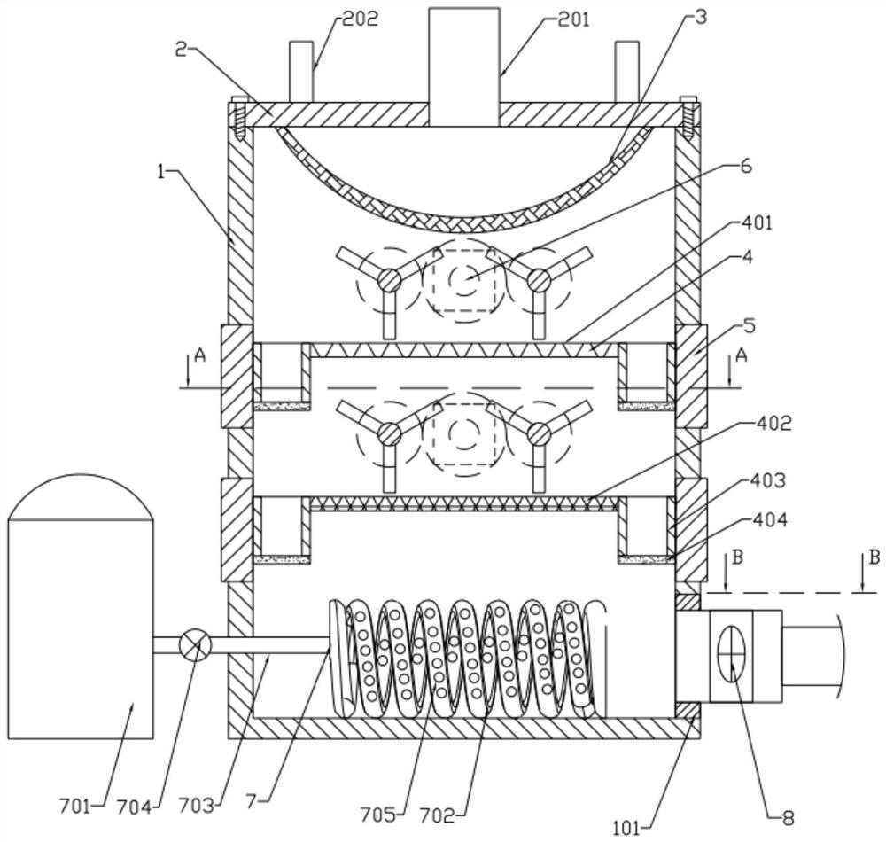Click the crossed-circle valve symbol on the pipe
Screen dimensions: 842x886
click(194, 643)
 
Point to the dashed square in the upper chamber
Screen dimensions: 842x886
click(461, 282)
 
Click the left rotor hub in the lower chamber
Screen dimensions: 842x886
click(388, 433)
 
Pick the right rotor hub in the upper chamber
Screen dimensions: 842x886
click(537, 279)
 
